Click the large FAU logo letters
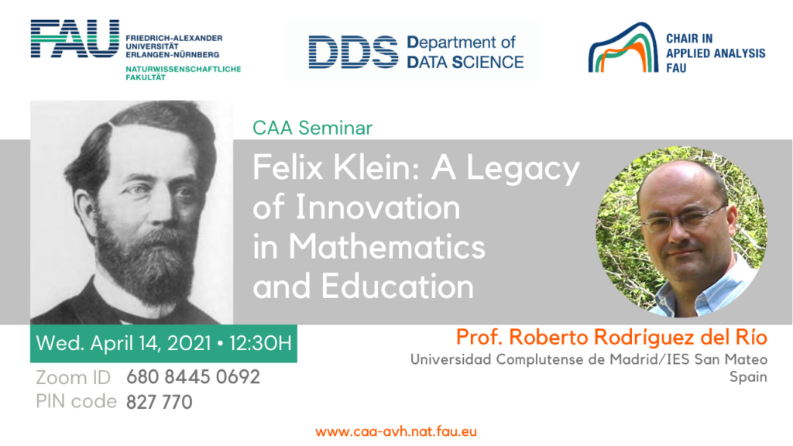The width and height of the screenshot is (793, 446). coord(74,39)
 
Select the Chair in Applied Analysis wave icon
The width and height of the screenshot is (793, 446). coord(620,48)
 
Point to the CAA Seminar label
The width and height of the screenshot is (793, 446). coord(313,127)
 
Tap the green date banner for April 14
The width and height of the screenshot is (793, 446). coord(163,343)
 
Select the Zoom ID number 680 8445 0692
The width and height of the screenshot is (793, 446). coord(193,378)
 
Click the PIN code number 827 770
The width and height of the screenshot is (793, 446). coord(159,402)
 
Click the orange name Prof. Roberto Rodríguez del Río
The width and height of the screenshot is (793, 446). coord(611,338)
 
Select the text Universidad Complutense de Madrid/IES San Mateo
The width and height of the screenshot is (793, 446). coord(588,359)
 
